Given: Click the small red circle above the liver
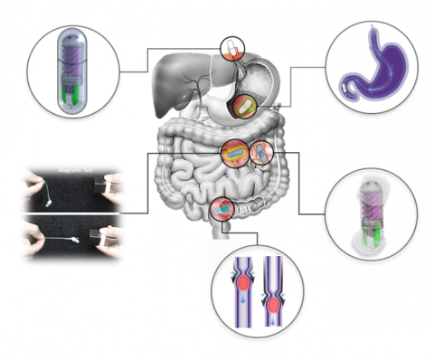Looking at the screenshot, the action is (x=232, y=47).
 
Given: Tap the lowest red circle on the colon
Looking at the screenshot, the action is (x=222, y=210).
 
